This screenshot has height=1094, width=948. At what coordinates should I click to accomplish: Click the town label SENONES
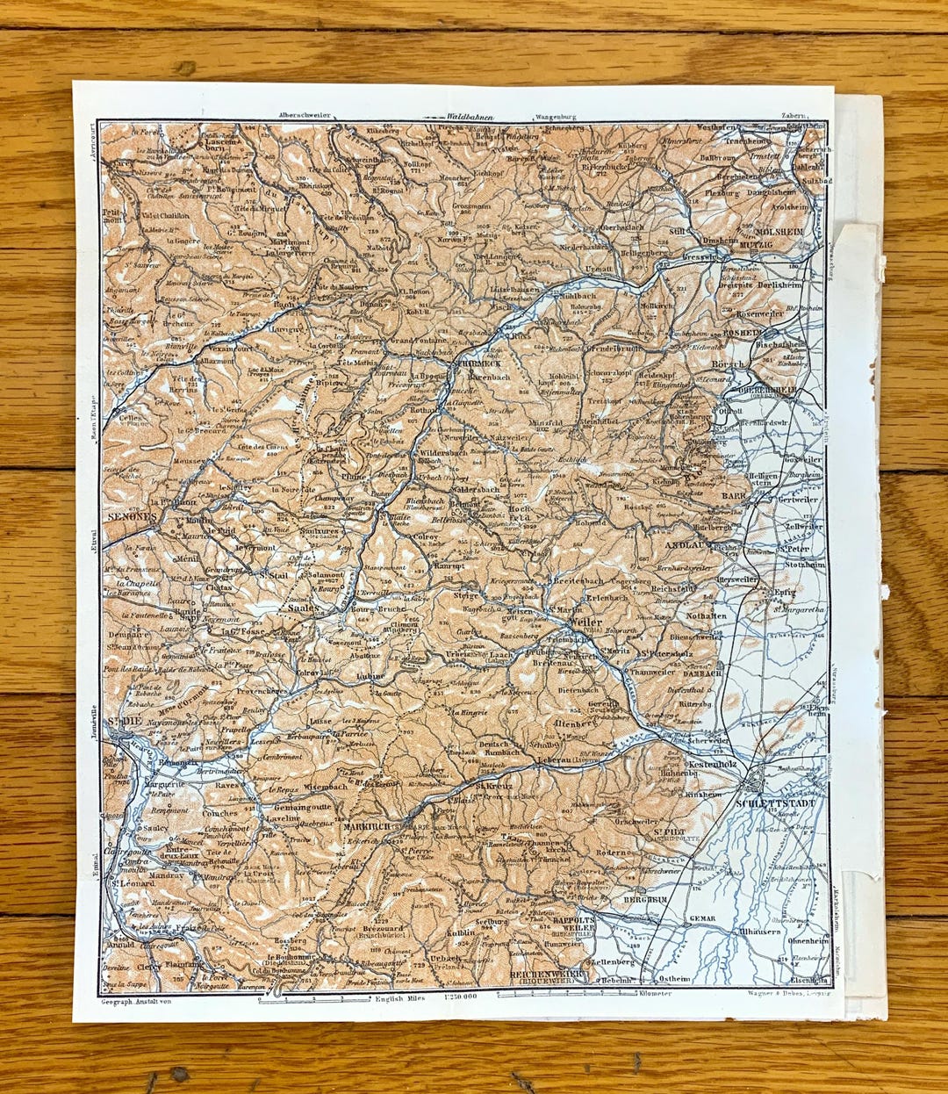tap(131, 517)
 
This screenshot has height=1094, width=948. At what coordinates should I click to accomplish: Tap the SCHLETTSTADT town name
tap(781, 803)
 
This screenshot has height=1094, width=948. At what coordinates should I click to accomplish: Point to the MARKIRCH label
tap(366, 827)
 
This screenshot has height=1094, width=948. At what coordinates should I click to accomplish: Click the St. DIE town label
tap(123, 722)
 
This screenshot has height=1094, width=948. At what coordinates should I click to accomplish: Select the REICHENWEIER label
tap(546, 975)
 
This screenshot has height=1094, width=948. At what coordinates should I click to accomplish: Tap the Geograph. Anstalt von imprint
tap(136, 1000)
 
